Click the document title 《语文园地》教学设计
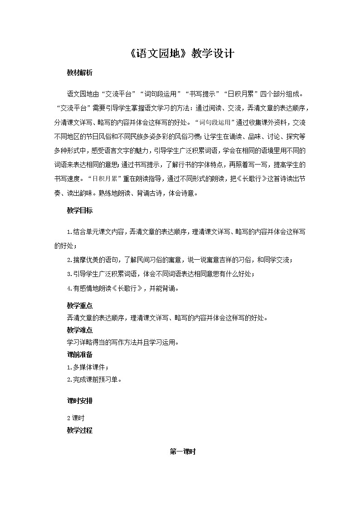click(x=180, y=53)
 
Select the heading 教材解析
click(x=79, y=73)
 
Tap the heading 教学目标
click(x=79, y=211)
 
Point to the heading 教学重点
click(x=79, y=306)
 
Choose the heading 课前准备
click(x=79, y=354)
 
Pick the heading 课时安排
click(x=79, y=401)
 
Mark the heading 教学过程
click(x=79, y=431)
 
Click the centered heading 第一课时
click(x=182, y=451)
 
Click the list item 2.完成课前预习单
click(x=94, y=379)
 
